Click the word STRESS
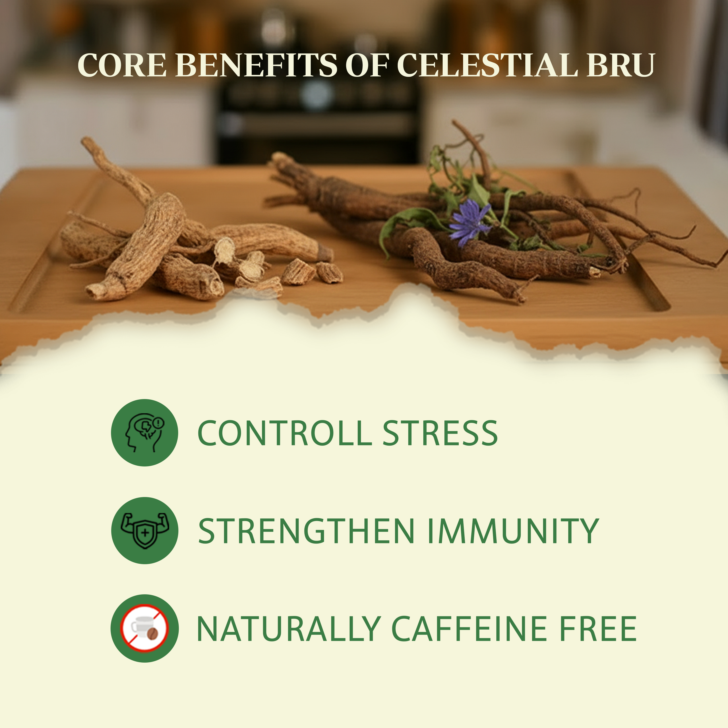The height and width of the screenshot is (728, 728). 440,433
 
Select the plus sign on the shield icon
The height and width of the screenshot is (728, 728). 145,533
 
